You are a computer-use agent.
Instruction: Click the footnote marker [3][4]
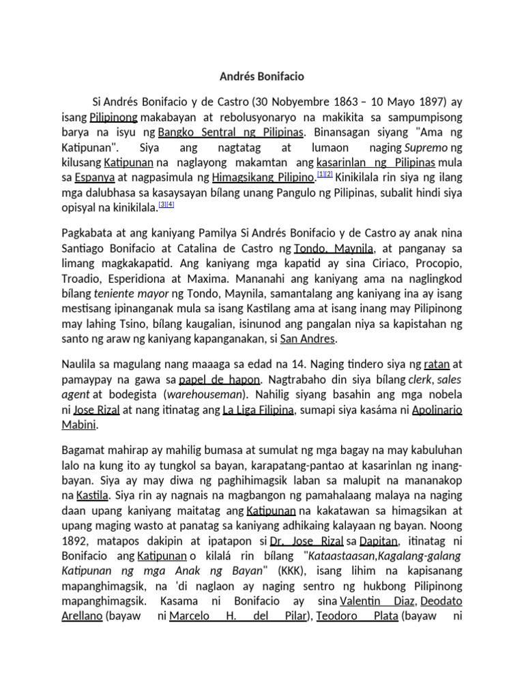click(166, 204)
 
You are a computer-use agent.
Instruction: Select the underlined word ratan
click(436, 364)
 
